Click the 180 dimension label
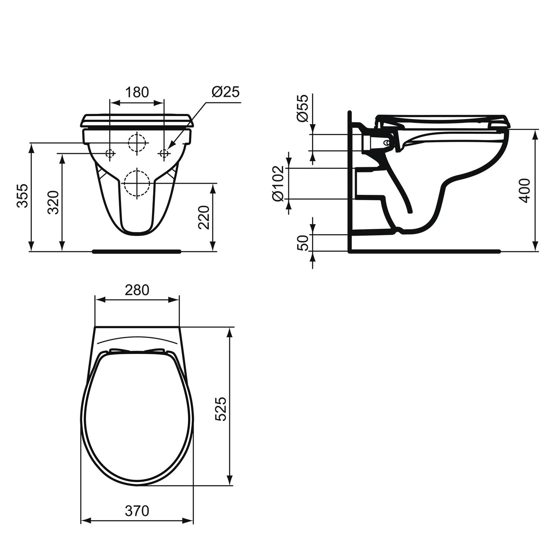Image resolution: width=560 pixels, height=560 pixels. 137,92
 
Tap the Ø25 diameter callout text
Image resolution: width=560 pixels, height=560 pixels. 225,92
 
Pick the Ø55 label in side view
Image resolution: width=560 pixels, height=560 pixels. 303,108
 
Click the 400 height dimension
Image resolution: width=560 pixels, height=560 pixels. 525,190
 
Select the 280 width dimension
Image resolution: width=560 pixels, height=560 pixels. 137,290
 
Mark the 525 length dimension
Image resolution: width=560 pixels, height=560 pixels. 221,409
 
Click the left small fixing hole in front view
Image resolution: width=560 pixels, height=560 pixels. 110,153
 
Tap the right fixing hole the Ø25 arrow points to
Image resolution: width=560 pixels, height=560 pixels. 164,153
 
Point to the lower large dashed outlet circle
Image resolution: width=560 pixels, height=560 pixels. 137,183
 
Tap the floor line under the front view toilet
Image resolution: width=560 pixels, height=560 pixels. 137,251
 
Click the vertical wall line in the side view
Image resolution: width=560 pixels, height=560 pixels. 349,179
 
